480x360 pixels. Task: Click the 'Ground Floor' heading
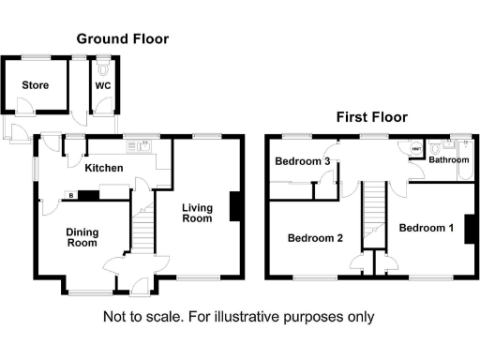[x=122, y=38]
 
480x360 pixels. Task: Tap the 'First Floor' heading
[x=372, y=118]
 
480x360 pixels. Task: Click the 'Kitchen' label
[x=103, y=168]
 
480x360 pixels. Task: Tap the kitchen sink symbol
[x=145, y=145]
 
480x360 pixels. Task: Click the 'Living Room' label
[x=197, y=213]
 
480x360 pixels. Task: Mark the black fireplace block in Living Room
[x=234, y=207]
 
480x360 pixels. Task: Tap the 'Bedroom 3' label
[x=302, y=162]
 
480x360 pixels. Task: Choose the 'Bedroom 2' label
[x=315, y=237]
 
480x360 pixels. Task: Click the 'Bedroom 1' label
[x=426, y=228]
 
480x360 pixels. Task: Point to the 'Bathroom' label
[x=449, y=160]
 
